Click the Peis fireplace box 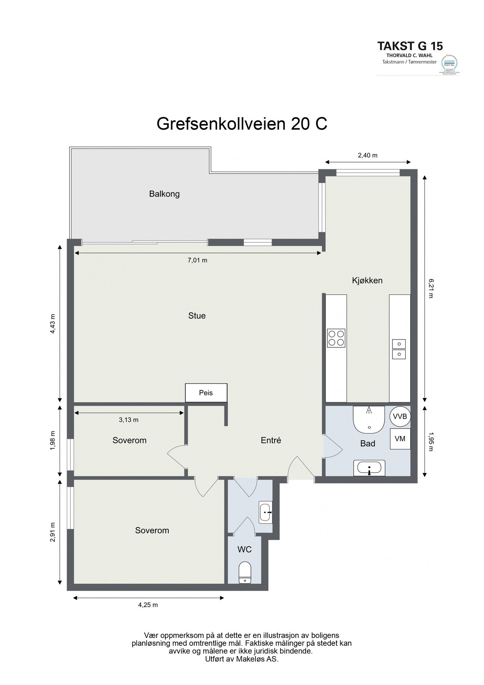point(206,392)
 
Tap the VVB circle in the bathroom point(400,416)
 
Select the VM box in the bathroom point(400,438)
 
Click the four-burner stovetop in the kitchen point(336,338)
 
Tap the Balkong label point(164,194)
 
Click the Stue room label point(197,315)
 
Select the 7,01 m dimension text point(197,260)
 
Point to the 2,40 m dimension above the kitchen point(368,155)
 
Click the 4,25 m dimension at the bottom point(148,605)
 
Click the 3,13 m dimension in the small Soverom point(129,420)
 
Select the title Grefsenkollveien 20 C point(242,124)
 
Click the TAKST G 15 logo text point(410,46)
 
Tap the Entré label point(271,440)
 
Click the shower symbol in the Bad point(369,419)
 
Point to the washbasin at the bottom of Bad point(369,468)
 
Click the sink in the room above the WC point(265,513)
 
